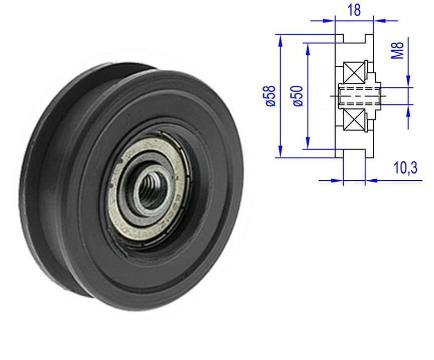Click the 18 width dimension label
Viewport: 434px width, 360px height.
pyautogui.click(x=354, y=11)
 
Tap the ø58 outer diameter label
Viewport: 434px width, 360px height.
pyautogui.click(x=271, y=95)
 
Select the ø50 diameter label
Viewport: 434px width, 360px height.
pyautogui.click(x=297, y=95)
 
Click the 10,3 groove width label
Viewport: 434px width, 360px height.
pyautogui.click(x=405, y=168)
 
